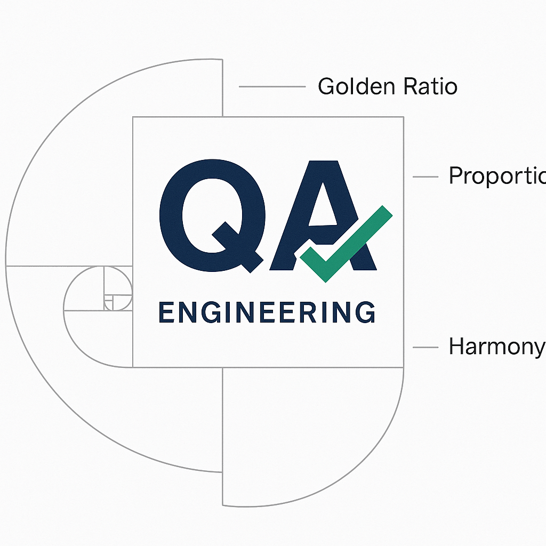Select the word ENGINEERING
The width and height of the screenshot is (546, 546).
coord(267,312)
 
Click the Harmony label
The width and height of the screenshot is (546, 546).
coord(496,347)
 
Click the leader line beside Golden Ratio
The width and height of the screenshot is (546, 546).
coord(271,86)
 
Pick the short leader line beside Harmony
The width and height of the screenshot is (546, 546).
coord(425,348)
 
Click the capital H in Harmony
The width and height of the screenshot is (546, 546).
coord(456,347)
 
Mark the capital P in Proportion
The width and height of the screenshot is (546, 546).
coord(456,175)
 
